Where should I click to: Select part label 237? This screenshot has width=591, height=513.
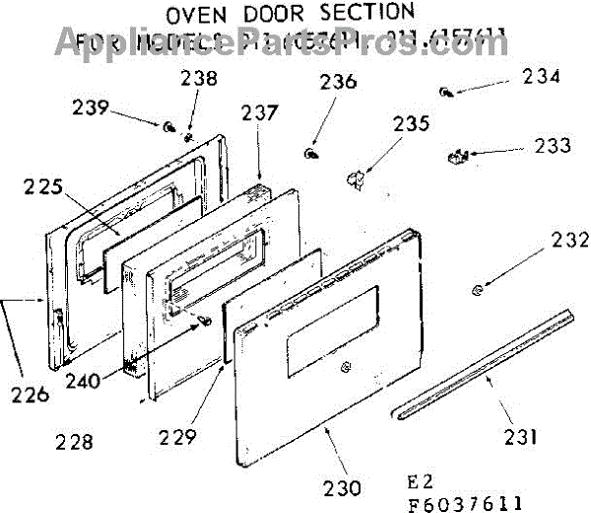[x=260, y=114]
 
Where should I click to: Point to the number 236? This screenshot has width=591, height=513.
[x=337, y=85]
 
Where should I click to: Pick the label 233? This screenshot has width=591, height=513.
[x=551, y=146]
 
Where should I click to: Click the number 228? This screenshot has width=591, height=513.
[x=75, y=441]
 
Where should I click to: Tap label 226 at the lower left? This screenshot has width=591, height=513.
[x=27, y=396]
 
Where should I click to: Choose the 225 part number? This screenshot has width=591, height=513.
[x=44, y=185]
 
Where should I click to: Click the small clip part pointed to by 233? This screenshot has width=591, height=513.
[x=455, y=156]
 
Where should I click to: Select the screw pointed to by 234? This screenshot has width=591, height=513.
[x=448, y=92]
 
